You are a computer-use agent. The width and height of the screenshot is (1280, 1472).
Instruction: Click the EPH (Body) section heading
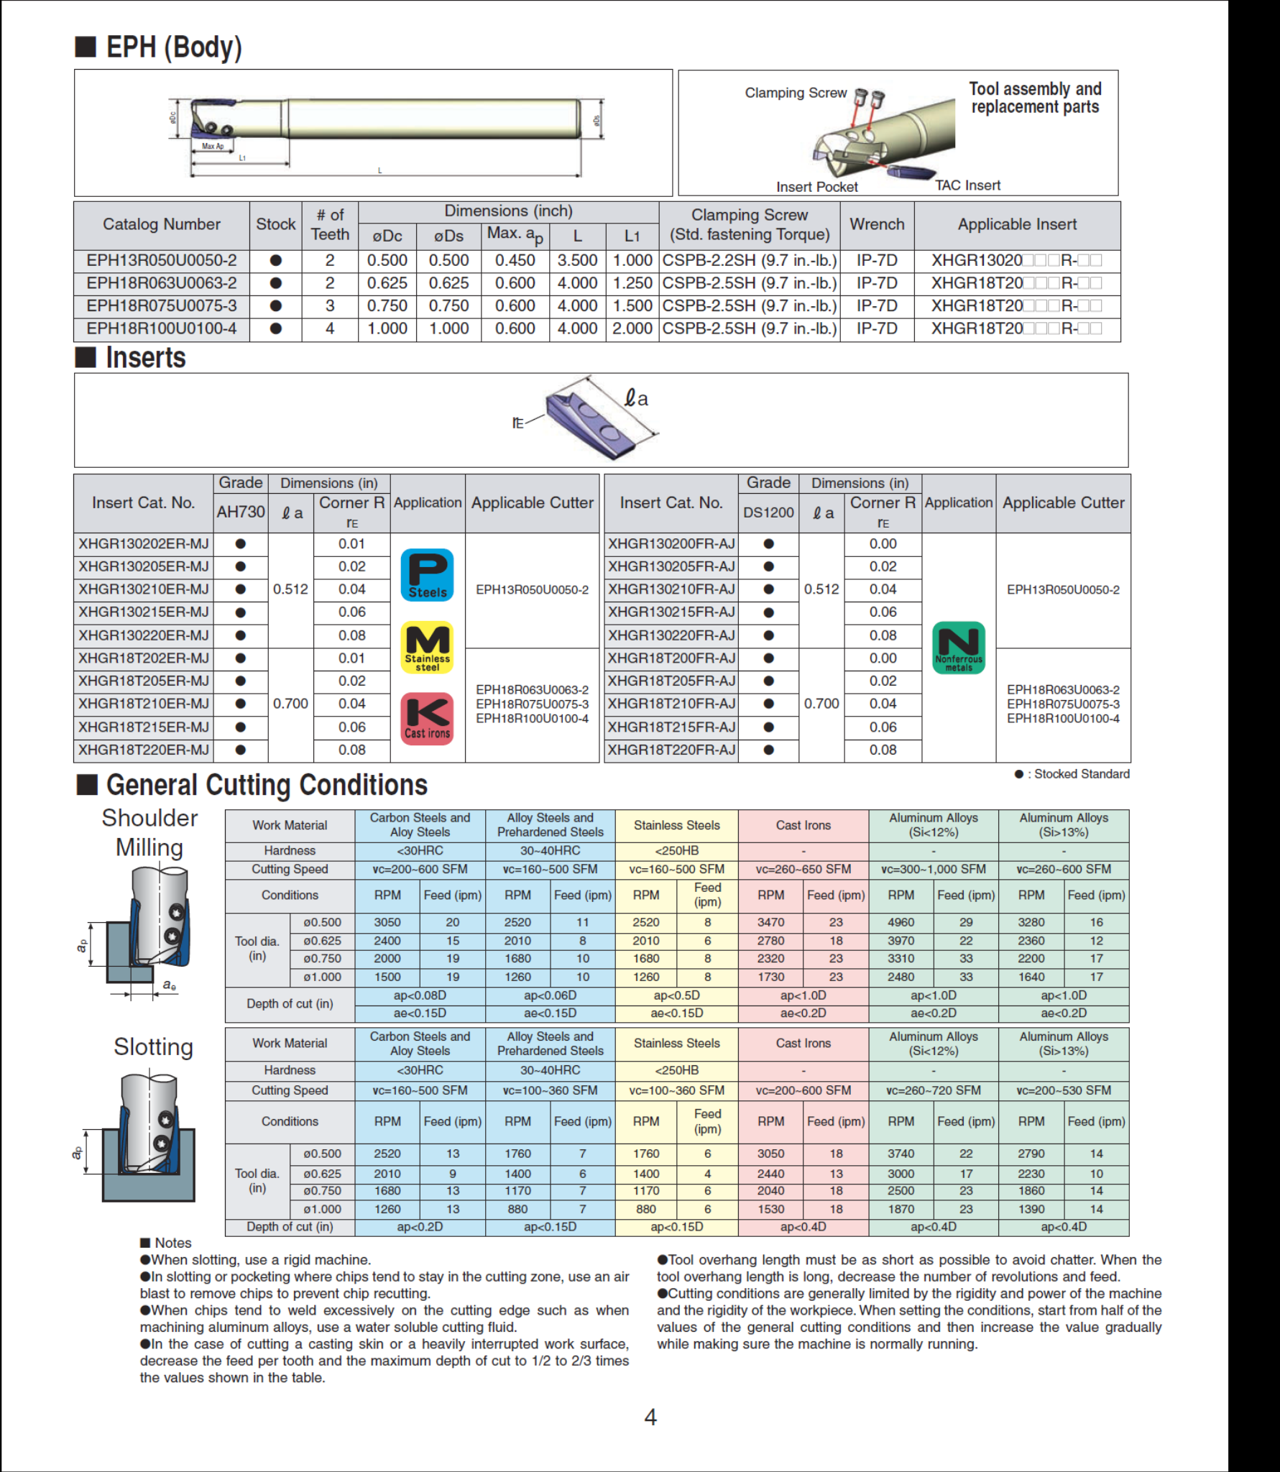(173, 47)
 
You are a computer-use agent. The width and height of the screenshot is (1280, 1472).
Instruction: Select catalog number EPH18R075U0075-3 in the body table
(161, 306)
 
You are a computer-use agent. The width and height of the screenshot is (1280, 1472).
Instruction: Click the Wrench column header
(877, 224)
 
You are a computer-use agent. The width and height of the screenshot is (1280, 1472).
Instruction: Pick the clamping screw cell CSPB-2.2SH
(750, 261)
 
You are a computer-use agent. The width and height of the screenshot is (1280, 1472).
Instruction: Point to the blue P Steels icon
(427, 574)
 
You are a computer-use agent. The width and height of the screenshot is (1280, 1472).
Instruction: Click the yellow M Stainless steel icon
(427, 647)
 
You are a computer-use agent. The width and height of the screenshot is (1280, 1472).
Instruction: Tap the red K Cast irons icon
(427, 718)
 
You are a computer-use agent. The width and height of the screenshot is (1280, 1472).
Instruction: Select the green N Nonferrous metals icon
(958, 648)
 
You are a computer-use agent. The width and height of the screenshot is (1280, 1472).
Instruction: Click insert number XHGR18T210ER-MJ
(144, 704)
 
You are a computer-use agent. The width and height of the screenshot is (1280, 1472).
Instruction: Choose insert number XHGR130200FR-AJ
(671, 544)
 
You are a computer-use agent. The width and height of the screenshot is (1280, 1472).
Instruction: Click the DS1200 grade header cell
(768, 512)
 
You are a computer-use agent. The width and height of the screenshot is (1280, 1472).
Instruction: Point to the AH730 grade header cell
(241, 512)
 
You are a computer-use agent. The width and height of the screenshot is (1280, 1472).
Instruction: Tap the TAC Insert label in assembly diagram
(967, 185)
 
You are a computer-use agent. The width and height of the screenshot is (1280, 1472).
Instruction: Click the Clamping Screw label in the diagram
(796, 93)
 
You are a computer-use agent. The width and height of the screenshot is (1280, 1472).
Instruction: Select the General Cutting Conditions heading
(267, 786)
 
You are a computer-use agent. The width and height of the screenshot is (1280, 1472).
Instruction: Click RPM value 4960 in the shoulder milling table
(901, 922)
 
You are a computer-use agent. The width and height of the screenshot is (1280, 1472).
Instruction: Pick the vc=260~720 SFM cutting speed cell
(933, 1090)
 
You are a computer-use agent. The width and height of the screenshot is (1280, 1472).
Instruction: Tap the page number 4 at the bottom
(650, 1417)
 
